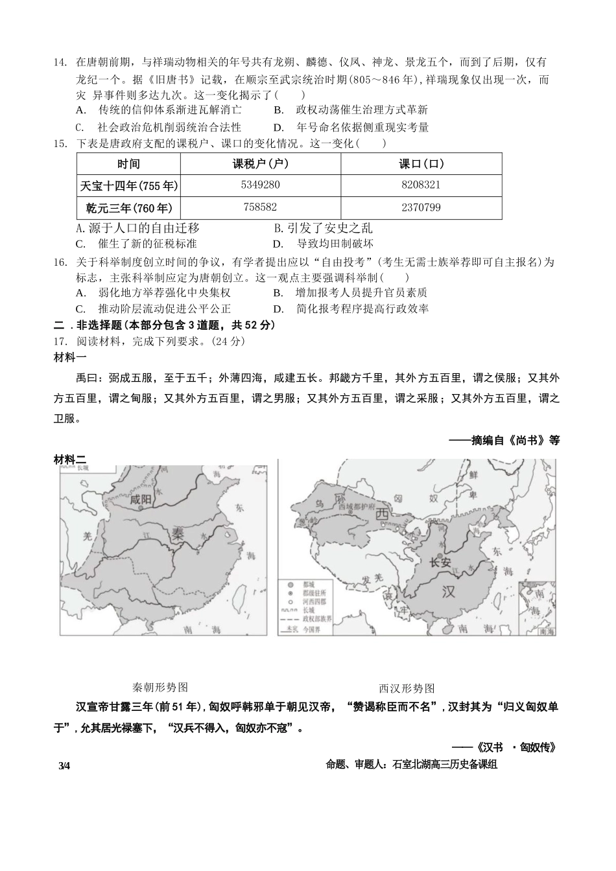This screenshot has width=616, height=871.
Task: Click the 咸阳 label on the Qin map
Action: (140, 499)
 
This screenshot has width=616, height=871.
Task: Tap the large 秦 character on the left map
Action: (178, 535)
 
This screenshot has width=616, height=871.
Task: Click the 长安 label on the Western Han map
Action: (440, 563)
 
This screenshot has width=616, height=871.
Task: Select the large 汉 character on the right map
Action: (448, 592)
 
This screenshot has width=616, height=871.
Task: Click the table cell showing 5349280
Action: (260, 185)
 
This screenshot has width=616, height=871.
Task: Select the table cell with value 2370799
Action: (421, 208)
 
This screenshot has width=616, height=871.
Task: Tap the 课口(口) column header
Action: (421, 164)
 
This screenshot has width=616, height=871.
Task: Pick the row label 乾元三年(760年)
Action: (129, 208)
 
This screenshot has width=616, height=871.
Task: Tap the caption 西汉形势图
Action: (407, 688)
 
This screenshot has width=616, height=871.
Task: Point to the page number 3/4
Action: (64, 765)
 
